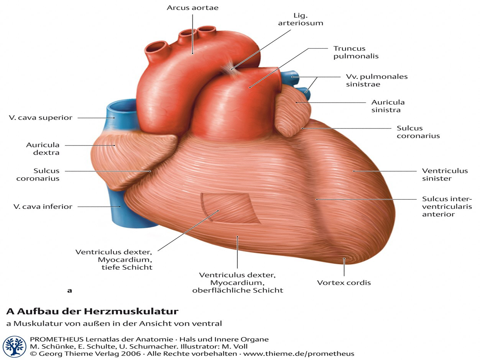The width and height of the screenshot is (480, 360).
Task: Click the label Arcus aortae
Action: point(192,8)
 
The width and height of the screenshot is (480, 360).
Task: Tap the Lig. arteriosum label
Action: point(300,19)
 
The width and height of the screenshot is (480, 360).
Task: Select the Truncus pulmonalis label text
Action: point(356,52)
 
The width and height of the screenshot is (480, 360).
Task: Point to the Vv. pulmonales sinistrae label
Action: point(377,80)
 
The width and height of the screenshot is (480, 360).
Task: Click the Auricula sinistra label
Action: point(388,106)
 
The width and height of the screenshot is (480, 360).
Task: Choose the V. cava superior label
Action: point(40,118)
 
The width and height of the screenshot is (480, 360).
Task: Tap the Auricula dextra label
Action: point(43,148)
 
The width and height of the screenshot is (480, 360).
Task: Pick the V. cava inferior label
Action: point(43,207)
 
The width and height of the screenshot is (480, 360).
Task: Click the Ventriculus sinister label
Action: point(445,174)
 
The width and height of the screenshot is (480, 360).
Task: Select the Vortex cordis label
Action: point(344,283)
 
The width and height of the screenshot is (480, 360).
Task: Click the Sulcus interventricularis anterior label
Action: point(447,206)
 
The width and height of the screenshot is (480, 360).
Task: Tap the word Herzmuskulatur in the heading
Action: point(131,311)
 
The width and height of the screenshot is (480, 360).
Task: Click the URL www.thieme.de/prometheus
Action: point(299,354)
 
